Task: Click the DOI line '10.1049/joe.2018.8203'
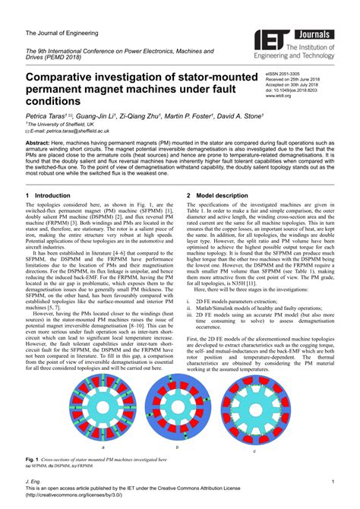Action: (x=292, y=90)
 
